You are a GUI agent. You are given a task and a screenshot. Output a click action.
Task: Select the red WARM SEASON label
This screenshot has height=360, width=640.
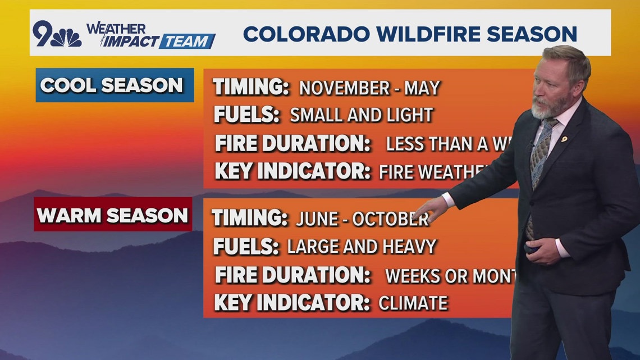(x=113, y=215)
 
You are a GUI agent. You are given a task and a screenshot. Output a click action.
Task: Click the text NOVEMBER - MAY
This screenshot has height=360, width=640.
(x=369, y=88)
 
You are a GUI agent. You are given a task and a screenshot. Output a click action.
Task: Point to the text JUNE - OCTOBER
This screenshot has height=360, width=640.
(x=362, y=219)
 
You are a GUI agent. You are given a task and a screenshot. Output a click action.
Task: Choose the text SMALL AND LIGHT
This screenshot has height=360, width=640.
(x=361, y=115)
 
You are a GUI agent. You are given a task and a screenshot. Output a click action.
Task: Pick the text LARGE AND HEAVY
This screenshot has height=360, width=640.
(x=362, y=246)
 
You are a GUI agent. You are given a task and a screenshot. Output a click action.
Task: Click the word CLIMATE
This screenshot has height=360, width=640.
(x=413, y=303)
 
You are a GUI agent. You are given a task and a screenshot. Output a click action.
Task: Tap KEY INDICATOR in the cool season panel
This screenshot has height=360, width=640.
(x=292, y=171)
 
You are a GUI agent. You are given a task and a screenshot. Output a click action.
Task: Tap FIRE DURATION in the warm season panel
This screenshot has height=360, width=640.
(x=292, y=275)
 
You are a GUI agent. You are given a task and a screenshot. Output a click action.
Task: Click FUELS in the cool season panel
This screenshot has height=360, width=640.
(x=246, y=115)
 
